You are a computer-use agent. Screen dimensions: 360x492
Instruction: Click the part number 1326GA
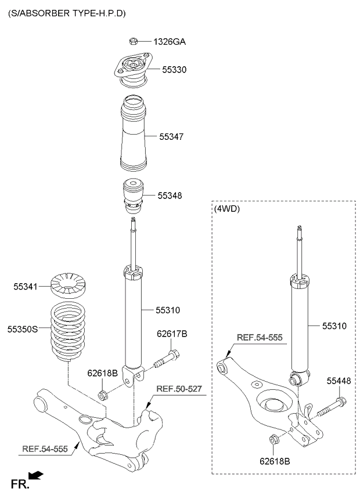tap(170, 42)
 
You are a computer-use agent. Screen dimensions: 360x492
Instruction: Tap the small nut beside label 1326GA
tap(133, 41)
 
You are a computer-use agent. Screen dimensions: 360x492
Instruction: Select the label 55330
tap(174, 70)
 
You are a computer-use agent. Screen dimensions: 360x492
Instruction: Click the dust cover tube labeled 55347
tap(134, 133)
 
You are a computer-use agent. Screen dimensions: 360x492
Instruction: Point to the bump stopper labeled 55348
tap(133, 196)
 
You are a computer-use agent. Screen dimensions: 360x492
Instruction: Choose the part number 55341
tap(25, 287)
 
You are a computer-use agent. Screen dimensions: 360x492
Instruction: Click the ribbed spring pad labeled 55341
tap(68, 285)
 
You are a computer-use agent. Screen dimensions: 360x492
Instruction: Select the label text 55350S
tap(23, 329)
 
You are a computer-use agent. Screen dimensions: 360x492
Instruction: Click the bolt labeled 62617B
tap(167, 359)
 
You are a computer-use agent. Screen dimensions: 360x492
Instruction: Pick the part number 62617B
tap(172, 334)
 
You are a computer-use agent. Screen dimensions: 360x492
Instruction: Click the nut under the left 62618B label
tap(103, 395)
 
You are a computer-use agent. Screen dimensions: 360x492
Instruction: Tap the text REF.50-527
tap(179, 389)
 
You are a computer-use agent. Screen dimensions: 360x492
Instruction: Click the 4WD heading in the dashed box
tap(227, 209)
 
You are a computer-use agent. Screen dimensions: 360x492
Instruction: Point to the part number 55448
tap(339, 381)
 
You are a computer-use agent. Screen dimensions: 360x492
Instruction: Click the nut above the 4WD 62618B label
tap(274, 439)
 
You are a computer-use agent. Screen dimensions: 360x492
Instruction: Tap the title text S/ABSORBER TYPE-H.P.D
tap(67, 13)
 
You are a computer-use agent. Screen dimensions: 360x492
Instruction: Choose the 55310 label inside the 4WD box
tap(334, 326)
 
